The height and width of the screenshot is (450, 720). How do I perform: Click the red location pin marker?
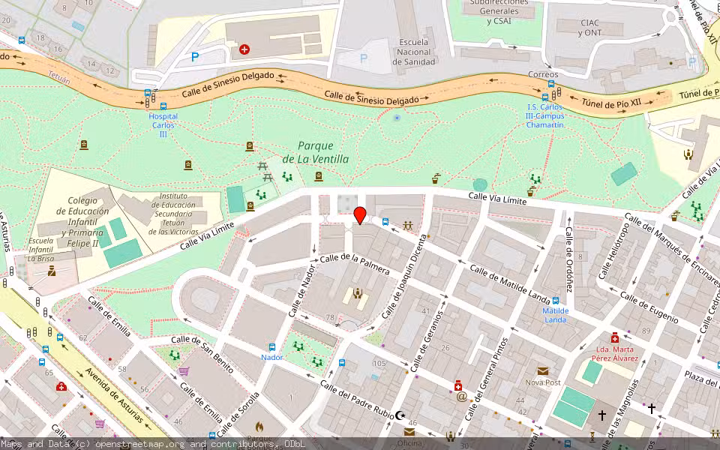(360, 214)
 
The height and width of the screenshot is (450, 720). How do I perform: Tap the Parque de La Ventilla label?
(315, 152)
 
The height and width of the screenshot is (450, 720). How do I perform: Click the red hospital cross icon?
(244, 49)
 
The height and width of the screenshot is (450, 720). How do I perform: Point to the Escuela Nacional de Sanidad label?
(414, 52)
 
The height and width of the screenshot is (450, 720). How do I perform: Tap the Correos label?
(543, 74)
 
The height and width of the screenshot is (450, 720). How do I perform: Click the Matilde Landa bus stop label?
(555, 315)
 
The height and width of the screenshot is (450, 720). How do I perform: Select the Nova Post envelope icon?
(542, 370)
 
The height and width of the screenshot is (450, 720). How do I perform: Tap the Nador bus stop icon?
(271, 347)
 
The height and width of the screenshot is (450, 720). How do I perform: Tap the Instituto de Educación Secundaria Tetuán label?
(173, 214)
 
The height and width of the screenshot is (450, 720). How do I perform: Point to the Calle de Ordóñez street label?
(569, 259)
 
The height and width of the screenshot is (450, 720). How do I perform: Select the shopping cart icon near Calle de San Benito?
(184, 371)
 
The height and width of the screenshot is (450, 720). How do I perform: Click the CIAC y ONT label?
(590, 28)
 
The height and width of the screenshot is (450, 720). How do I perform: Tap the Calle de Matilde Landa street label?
(509, 283)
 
